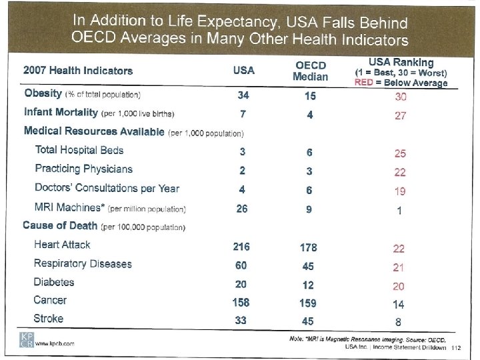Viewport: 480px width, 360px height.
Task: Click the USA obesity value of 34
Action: (x=243, y=95)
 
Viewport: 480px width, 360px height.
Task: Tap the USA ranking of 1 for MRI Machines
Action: (x=399, y=211)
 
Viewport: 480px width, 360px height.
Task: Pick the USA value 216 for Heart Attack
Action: (x=241, y=247)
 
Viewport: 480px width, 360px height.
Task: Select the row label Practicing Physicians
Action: (x=83, y=169)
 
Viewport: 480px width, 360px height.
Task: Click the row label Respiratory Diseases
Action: (x=83, y=264)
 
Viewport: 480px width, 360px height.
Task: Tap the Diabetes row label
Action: (x=54, y=283)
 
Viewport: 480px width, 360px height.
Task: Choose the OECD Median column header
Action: (x=310, y=70)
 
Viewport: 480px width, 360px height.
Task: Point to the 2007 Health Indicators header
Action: (x=78, y=71)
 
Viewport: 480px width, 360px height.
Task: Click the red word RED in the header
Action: (x=364, y=83)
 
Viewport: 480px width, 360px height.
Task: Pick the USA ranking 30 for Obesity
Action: (x=400, y=97)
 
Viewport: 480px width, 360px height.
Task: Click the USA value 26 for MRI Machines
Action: (x=243, y=209)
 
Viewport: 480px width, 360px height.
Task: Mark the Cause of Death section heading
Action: (x=60, y=226)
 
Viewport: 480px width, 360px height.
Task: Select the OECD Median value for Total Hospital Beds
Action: (x=310, y=152)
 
